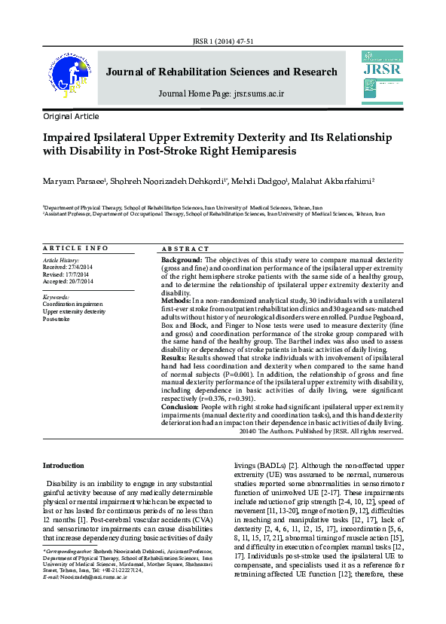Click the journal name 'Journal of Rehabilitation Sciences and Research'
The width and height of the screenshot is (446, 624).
221,72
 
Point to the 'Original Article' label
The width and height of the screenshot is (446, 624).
71,117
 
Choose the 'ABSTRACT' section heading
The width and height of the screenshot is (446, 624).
185,249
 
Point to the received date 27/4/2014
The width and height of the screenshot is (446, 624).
79,267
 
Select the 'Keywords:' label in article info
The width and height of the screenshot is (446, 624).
57,297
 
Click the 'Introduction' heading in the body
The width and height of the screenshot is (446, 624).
63,465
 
